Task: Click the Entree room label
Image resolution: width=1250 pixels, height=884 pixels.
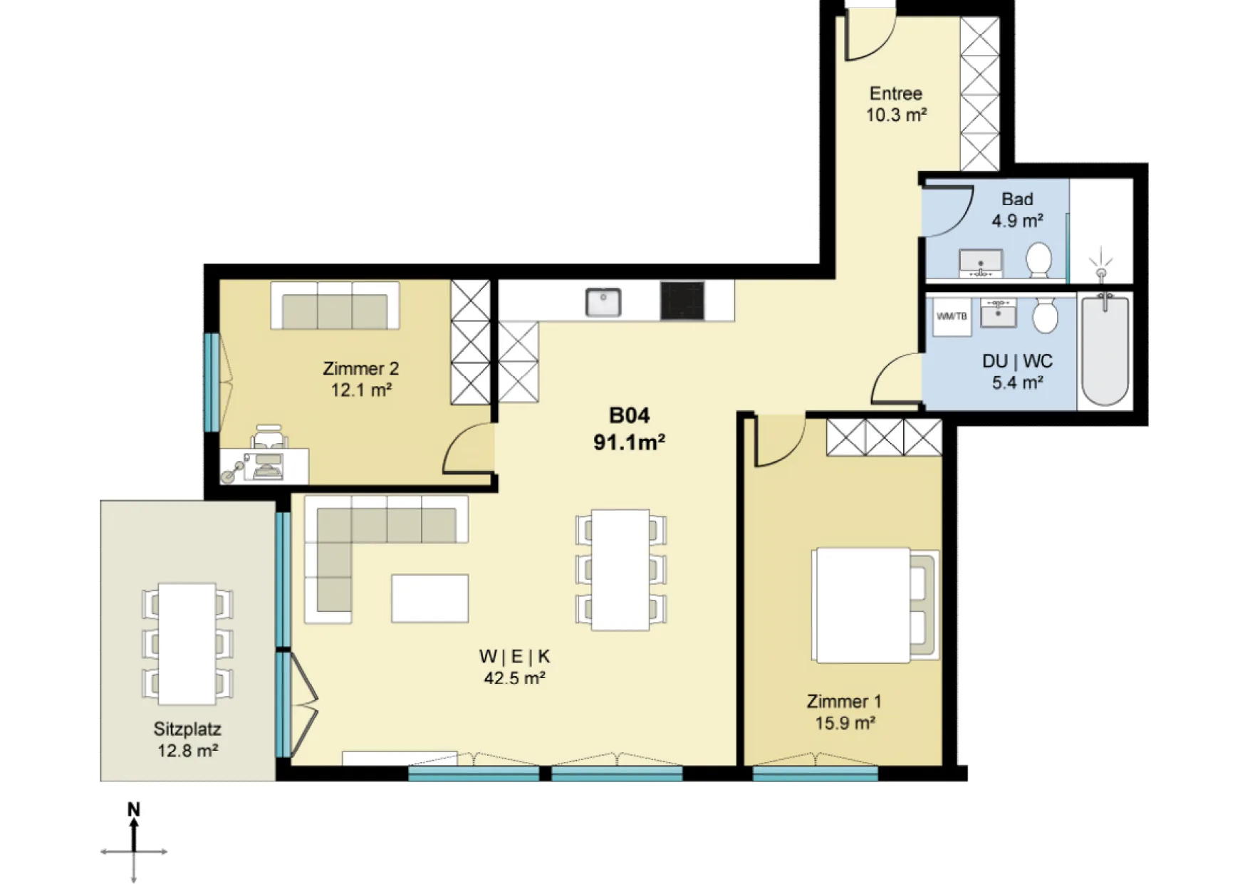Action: point(895,93)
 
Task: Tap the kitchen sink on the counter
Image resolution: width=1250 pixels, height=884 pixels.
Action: point(603,302)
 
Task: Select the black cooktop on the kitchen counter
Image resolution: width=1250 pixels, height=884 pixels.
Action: point(682,301)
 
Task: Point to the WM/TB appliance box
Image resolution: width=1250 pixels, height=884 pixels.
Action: point(952,316)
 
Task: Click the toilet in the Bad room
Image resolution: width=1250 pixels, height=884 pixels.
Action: point(1039,261)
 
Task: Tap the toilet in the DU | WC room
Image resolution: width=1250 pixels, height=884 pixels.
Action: point(1045,315)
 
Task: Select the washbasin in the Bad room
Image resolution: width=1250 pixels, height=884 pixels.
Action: point(981,263)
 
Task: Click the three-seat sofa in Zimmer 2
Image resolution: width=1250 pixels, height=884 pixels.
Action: point(335,306)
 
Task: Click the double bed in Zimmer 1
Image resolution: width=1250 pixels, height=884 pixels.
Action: point(875,605)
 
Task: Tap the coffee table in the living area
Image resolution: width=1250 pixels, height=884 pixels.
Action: point(429,598)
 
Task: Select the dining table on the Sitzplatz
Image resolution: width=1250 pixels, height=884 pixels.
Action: point(187,643)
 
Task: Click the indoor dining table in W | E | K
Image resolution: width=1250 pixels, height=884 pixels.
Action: point(620,569)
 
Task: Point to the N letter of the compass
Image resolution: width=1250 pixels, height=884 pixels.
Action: point(134,809)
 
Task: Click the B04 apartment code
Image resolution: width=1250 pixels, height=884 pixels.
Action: point(629,415)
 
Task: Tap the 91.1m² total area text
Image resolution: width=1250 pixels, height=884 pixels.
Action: point(629,442)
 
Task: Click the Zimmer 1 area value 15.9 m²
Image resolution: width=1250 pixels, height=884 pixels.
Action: point(845,723)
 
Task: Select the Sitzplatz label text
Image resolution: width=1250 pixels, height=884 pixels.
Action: point(187,729)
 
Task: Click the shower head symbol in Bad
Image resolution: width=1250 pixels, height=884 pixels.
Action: point(1101,264)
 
